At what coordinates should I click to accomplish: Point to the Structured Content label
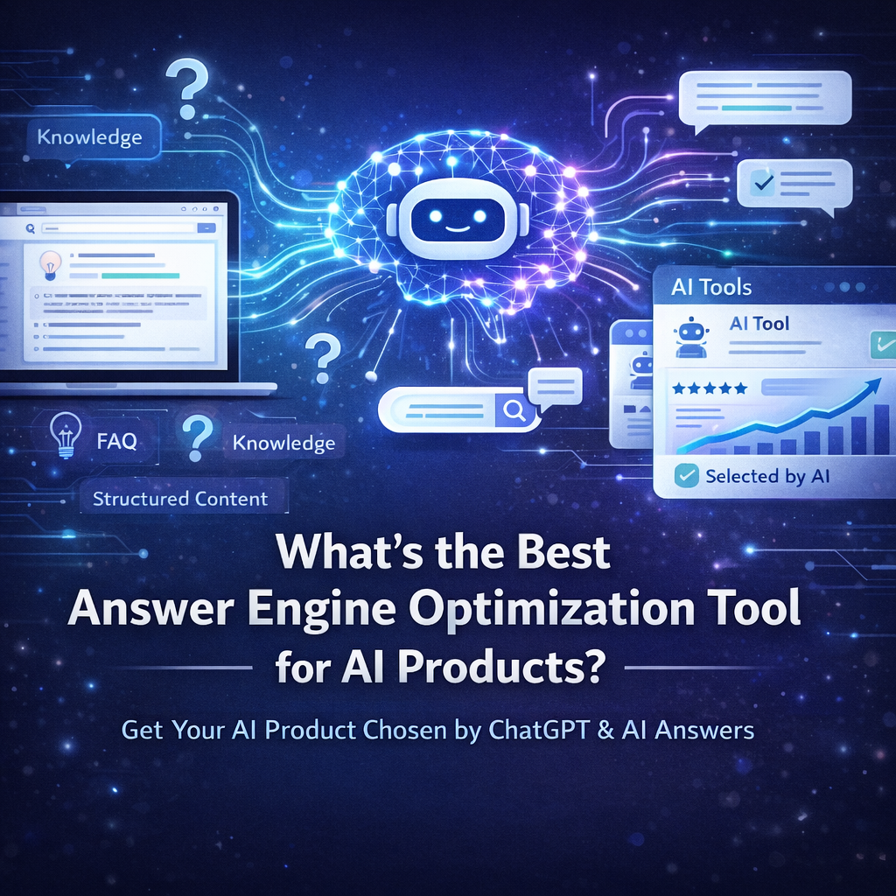180,499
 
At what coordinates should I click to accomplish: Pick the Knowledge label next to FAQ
283,444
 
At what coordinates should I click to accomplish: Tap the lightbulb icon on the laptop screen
51,262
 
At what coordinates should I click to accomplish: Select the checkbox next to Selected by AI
687,476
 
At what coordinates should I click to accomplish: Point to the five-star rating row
710,387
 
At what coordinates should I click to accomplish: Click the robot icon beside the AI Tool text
691,336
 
